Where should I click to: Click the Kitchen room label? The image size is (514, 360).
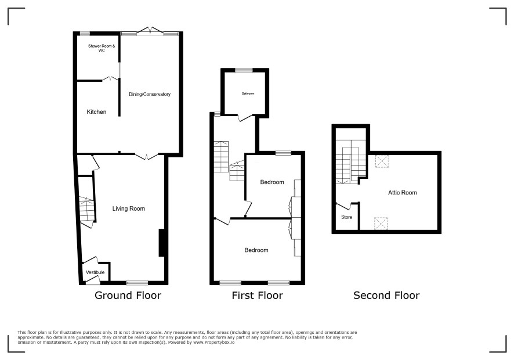96,112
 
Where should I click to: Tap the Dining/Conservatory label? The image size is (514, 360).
150,94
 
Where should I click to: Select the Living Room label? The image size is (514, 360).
129,208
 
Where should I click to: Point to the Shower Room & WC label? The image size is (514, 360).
102,48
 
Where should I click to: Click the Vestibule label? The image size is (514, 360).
95,272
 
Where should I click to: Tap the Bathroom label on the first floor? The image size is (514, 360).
248,93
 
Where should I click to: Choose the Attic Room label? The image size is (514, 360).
403,193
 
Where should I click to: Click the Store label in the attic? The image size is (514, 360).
347,217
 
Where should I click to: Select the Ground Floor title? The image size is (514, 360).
128,296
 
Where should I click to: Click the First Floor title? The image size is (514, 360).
258,296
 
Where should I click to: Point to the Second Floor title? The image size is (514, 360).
386,296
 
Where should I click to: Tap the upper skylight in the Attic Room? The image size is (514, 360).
382,161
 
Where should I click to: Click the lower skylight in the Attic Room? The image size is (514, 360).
381,224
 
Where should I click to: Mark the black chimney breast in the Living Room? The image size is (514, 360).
161,243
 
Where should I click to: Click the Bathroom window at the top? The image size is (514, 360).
244,70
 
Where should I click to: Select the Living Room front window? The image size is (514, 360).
137,283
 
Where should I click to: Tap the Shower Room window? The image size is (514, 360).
85,33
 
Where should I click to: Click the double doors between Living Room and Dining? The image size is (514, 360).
147,156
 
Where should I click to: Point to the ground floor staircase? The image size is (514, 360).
86,211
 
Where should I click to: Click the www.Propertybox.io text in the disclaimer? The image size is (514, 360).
213,342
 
